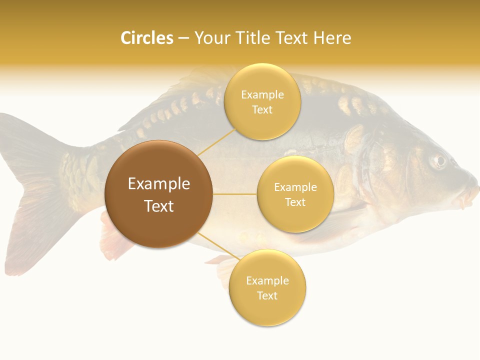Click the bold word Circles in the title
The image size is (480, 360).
click(147, 38)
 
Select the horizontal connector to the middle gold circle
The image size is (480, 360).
click(234, 193)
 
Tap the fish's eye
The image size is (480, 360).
click(439, 160)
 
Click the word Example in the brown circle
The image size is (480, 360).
click(159, 184)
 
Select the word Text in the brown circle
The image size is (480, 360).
click(159, 206)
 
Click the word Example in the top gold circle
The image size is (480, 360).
click(262, 95)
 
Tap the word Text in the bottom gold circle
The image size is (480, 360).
click(267, 295)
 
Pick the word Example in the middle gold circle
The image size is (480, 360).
click(295, 187)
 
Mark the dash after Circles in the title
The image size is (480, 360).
click(183, 38)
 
